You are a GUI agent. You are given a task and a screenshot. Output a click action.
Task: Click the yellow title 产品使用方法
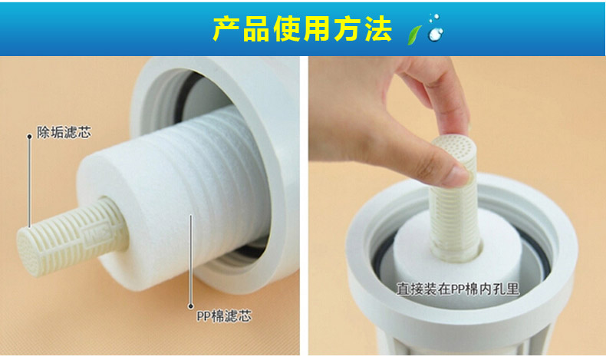coord(302,29)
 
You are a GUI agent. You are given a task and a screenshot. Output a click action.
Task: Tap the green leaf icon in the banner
coord(414,35)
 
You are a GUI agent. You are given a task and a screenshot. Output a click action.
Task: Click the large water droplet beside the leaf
coord(436,34)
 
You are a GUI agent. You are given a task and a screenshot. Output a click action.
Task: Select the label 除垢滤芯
coord(64,132)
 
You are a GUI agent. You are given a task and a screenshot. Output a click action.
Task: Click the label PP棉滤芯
coord(224,316)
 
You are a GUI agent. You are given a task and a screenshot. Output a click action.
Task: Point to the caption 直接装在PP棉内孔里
coord(458,289)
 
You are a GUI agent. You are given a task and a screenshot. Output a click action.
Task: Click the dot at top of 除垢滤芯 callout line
coord(29,136)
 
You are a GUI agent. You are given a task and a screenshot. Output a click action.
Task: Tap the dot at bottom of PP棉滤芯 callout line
coord(190,306)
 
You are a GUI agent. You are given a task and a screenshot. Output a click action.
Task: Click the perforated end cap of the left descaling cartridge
coord(27,250)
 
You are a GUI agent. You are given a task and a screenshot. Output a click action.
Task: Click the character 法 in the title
coord(379,29)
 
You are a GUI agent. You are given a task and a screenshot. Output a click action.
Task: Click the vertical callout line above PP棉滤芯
coord(190,259)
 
